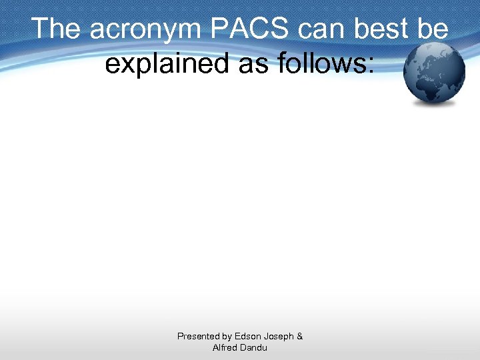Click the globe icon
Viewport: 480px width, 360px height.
[435, 73]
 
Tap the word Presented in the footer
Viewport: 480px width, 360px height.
[199, 337]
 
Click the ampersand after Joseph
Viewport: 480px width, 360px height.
[300, 337]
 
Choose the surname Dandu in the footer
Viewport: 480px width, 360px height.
[254, 347]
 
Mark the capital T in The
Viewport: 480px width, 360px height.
[40, 29]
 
